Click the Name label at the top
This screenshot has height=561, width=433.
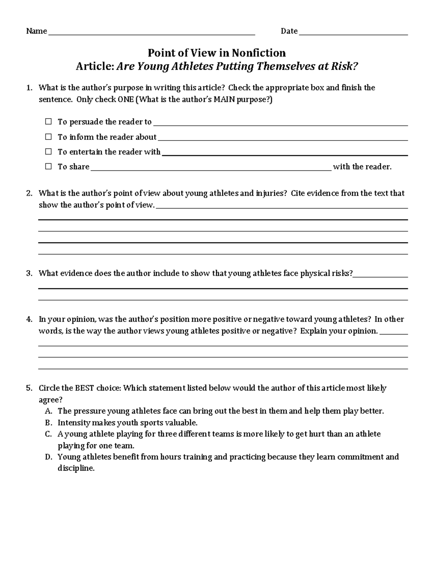pos(36,31)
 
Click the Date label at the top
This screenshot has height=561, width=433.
pos(289,31)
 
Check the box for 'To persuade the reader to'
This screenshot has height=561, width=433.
pos(48,122)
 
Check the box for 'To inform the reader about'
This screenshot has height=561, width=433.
pos(48,137)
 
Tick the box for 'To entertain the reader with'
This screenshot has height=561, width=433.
pos(48,152)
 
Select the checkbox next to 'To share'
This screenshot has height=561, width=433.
pos(48,167)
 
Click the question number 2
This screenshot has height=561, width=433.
pos(29,193)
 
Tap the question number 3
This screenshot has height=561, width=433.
pos(29,273)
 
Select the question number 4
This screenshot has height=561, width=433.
pos(29,319)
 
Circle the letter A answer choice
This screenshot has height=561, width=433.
pos(49,411)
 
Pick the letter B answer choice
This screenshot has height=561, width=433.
pos(49,423)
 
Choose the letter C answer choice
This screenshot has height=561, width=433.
pos(49,434)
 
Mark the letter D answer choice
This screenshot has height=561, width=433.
pos(49,457)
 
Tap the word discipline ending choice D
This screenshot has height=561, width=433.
pos(76,469)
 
